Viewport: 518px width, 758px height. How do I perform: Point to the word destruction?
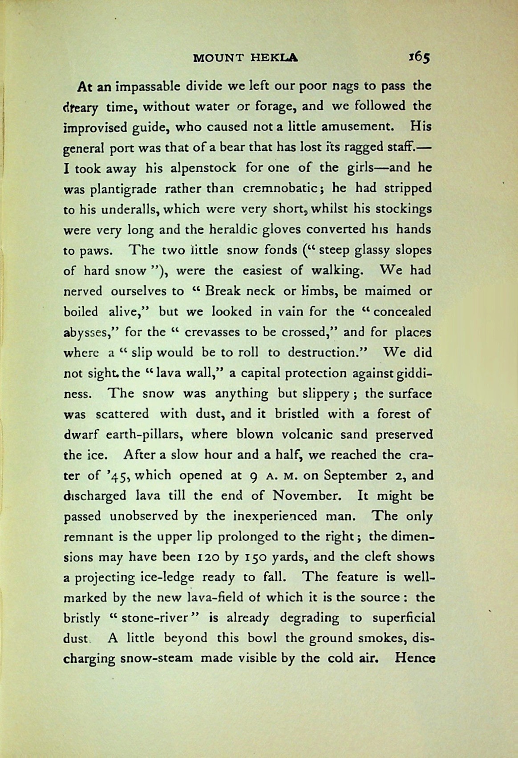[323, 352]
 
